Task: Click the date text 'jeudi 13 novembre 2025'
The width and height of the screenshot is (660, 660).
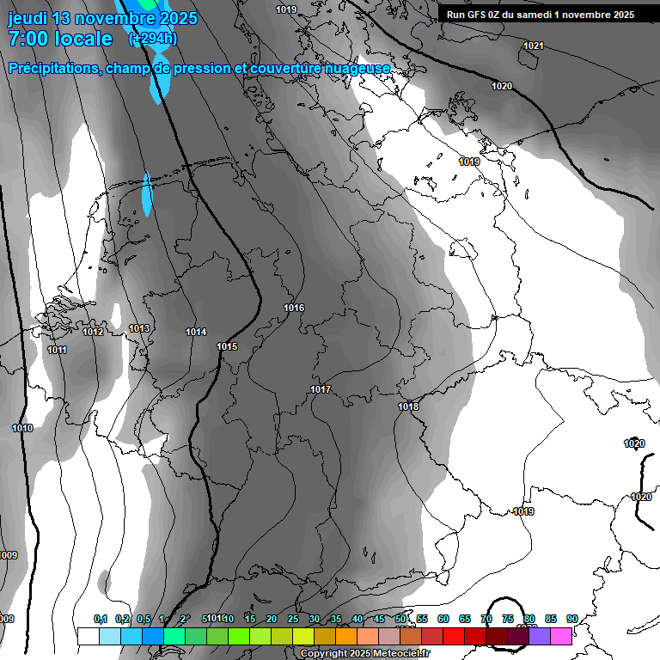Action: tap(102, 18)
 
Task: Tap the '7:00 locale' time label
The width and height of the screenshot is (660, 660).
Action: tap(59, 39)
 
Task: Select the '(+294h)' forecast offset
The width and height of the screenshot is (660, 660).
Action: tap(152, 38)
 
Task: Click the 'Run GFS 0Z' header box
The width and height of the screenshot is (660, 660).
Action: tap(541, 15)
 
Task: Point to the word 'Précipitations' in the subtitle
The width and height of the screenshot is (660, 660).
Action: tap(53, 68)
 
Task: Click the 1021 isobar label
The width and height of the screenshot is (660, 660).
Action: tap(533, 46)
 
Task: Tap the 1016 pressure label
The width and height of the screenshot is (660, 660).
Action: tap(294, 308)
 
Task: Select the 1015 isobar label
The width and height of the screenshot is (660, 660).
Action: tap(227, 346)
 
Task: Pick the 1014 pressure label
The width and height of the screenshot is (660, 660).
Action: tap(196, 332)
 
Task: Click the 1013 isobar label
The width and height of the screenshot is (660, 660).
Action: tap(139, 328)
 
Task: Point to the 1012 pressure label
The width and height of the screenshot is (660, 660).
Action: tap(93, 332)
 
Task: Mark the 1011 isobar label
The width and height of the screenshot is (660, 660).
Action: tap(57, 350)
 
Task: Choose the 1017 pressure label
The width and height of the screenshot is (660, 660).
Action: tap(321, 389)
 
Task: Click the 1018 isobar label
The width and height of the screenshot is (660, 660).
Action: tap(408, 406)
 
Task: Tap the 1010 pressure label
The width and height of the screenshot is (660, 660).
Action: tap(22, 428)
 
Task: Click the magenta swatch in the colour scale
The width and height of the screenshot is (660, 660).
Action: tap(561, 636)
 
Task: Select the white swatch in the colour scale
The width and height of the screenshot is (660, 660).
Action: tap(88, 636)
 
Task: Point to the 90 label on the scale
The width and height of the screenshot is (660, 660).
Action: tap(571, 619)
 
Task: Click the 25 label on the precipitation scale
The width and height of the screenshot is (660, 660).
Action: tap(293, 619)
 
